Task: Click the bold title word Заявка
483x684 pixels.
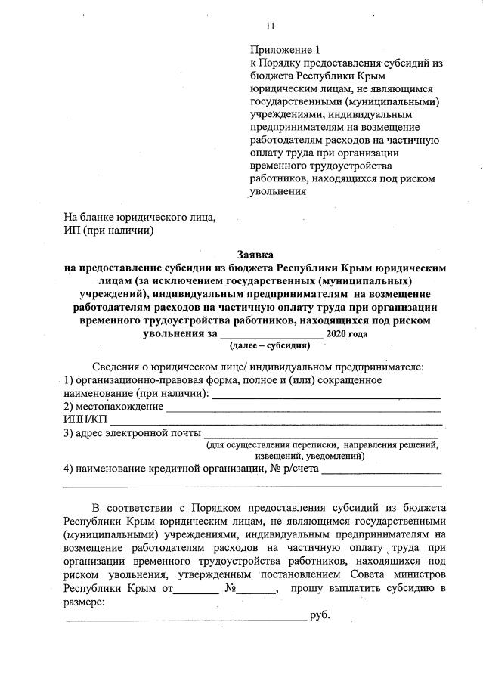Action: pos(255,255)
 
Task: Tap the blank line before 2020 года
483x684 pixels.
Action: pos(271,336)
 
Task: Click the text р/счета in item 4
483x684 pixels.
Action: pos(302,469)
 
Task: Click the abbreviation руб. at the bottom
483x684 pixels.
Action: pos(320,617)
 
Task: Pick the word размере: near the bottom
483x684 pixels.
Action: pos(84,602)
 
